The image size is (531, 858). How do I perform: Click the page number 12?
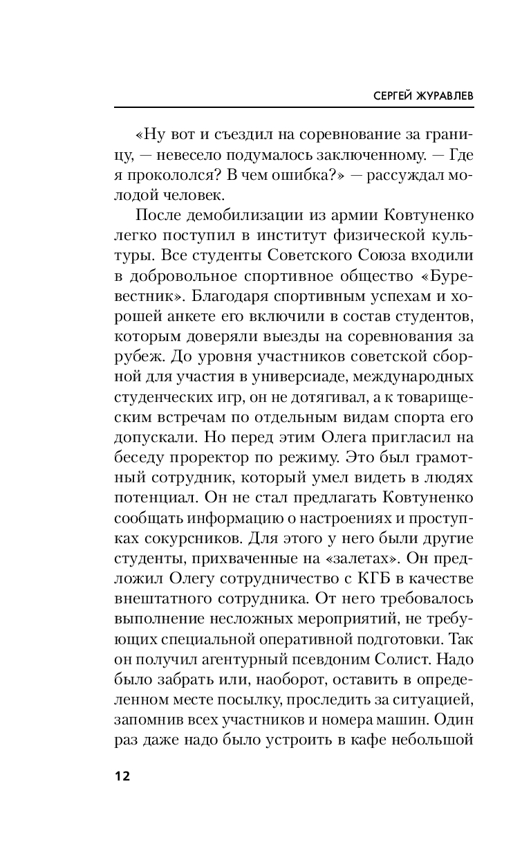tap(122, 775)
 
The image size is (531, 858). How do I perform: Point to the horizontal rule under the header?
tap(293, 107)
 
